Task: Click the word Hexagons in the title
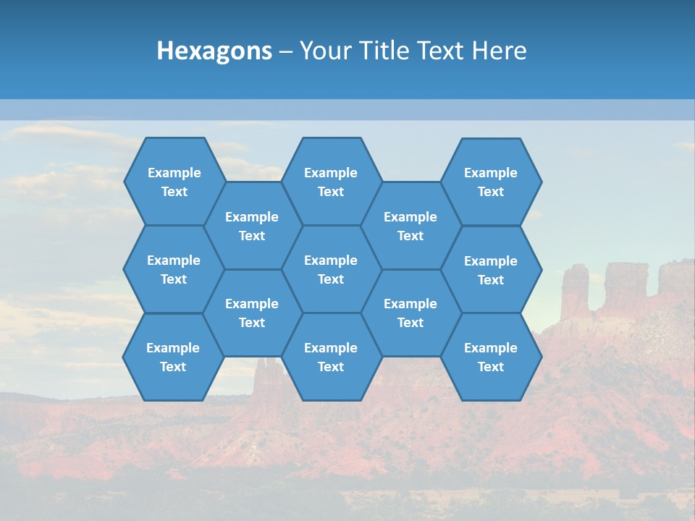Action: click(x=214, y=51)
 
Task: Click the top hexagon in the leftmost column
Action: click(x=174, y=182)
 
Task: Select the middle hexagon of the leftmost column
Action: click(x=174, y=269)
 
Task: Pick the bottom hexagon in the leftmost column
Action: click(x=173, y=357)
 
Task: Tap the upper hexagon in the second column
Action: click(x=252, y=226)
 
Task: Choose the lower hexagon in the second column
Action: click(x=252, y=313)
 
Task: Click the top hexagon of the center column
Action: click(x=331, y=182)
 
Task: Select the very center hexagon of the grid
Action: click(x=331, y=269)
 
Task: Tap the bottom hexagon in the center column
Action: click(x=331, y=357)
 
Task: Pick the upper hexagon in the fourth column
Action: click(x=410, y=226)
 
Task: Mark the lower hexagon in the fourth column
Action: click(x=410, y=313)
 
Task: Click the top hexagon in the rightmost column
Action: click(x=491, y=182)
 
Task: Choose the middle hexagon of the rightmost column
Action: click(x=491, y=270)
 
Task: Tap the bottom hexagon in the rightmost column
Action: click(x=491, y=357)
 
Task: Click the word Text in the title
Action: click(x=442, y=51)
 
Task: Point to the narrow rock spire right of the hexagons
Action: click(x=576, y=289)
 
